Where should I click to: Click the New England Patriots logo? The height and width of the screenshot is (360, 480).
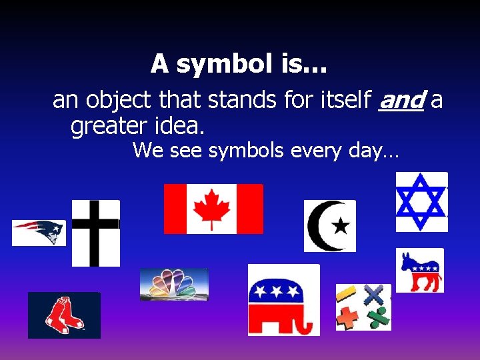[39, 232]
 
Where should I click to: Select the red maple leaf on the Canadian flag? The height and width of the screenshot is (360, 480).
[213, 209]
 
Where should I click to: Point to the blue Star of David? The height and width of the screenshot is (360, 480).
[421, 201]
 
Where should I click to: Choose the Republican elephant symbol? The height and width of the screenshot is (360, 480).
[283, 300]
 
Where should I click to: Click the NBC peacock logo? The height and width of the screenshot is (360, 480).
[174, 284]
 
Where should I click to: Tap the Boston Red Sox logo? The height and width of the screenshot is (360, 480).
[64, 315]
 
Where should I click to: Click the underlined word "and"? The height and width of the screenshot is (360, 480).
[401, 100]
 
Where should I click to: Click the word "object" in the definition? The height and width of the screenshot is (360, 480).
[121, 100]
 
